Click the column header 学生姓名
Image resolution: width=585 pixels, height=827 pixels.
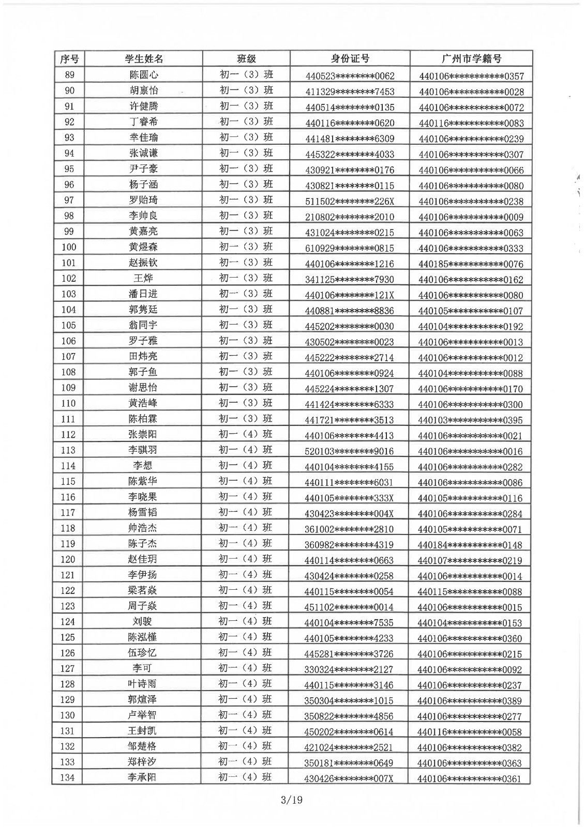143,59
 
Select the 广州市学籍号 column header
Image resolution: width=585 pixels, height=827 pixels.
471,59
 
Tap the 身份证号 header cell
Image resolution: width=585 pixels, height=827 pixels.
350,59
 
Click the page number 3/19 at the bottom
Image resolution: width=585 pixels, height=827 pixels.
291,800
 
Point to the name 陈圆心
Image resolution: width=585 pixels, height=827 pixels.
143,75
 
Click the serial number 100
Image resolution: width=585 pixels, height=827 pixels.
68,247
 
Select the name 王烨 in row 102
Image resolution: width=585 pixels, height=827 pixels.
143,279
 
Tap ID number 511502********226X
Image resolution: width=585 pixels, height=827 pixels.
350,201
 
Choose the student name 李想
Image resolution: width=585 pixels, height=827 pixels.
143,466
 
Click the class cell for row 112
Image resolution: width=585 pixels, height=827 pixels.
246,434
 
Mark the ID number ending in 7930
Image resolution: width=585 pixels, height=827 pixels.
350,279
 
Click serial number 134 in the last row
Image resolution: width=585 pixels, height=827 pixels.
67,777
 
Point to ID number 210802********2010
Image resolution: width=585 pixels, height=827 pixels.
350,217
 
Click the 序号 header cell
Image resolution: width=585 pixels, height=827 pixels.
69,59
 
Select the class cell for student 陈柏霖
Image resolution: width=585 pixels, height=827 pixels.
246,419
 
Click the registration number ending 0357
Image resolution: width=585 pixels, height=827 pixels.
471,76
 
